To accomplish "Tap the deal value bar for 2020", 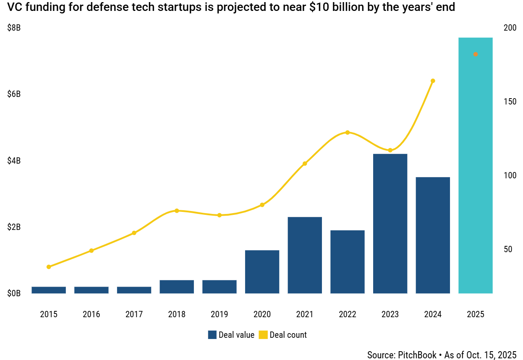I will [262, 272].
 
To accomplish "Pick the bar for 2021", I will [305, 255].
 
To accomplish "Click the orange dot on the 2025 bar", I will [475, 54].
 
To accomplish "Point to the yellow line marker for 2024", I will [433, 81].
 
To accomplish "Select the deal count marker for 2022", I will [347, 133].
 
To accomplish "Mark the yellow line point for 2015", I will [49, 267].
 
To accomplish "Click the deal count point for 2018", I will [177, 211].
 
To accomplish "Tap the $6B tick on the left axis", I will [14, 94].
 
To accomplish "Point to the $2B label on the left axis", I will [14, 227].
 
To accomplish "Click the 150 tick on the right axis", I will [510, 102].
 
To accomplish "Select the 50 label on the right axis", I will [507, 249].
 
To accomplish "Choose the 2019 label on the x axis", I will [219, 314].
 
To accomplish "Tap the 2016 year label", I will [92, 314].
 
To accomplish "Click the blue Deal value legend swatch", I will [212, 335].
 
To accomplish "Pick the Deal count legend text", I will [288, 335].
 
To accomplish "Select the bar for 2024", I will [433, 235].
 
